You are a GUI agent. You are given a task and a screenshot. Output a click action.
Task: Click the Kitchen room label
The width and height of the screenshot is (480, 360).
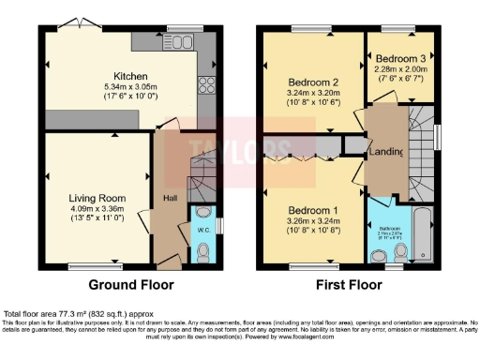click(128, 76)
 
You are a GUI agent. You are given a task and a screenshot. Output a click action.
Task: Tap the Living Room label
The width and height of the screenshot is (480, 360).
click(97, 198)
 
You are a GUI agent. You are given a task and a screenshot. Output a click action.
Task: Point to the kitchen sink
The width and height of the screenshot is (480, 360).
click(182, 41)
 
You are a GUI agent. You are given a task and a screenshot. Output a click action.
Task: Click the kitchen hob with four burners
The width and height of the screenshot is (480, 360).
click(206, 86)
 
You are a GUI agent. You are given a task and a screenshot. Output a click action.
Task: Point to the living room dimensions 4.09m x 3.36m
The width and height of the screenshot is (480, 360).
click(97, 208)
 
